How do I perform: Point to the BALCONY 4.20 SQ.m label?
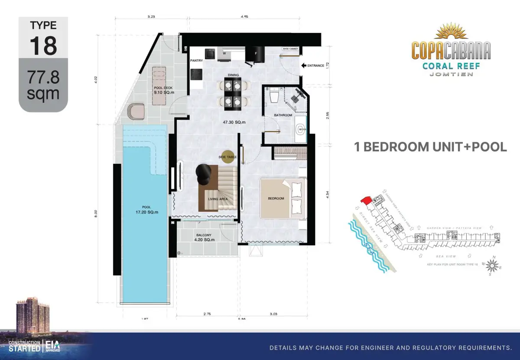(203, 237)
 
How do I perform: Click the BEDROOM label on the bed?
(276, 198)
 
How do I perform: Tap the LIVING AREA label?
(218, 199)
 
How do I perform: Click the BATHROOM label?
(283, 115)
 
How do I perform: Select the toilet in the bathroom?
(274, 96)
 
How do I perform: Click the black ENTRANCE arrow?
(303, 65)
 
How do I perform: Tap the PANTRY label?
(197, 61)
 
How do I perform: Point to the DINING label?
(233, 75)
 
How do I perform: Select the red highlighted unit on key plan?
(366, 199)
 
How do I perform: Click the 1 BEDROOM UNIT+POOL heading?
(430, 147)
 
